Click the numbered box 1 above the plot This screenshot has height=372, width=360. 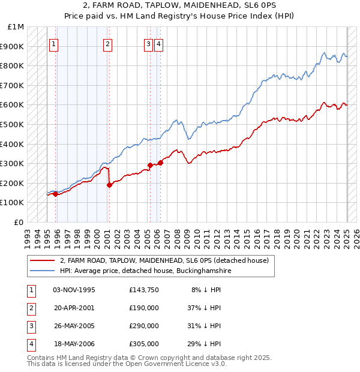[x=54, y=43]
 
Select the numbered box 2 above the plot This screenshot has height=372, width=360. [x=107, y=43]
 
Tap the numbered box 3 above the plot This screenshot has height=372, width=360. [x=148, y=43]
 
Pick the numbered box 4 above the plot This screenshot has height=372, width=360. [x=158, y=43]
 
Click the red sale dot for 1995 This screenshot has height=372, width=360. [x=55, y=194]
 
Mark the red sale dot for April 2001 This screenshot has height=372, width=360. [x=109, y=185]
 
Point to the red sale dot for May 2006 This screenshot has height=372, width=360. [x=161, y=163]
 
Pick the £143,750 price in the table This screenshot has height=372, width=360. [x=143, y=290]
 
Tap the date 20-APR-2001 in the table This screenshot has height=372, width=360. [x=74, y=308]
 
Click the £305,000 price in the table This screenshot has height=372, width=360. [x=143, y=344]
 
